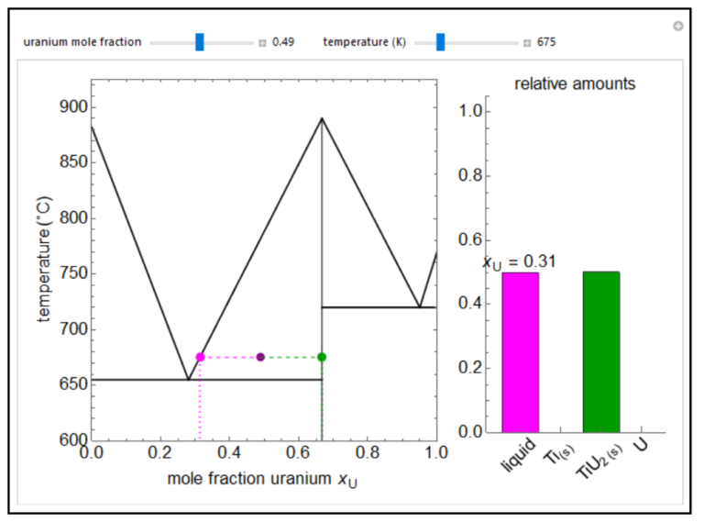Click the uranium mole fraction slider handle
click(x=199, y=42)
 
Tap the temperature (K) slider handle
click(x=440, y=42)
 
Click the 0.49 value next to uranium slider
click(x=283, y=42)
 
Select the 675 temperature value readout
click(x=546, y=42)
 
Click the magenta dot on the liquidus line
click(x=200, y=357)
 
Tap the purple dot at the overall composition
click(x=260, y=357)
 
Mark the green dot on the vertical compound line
click(x=322, y=357)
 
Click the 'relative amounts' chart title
click(x=575, y=83)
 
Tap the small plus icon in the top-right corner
click(x=677, y=27)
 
